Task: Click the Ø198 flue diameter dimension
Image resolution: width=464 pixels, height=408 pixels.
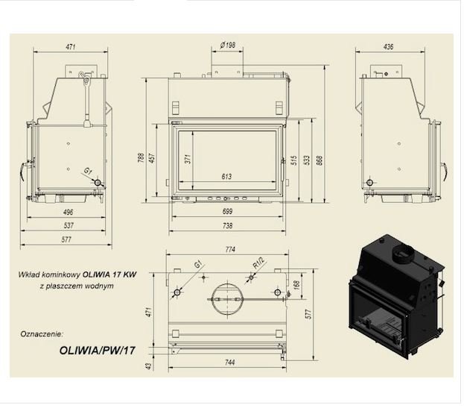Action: click(x=228, y=45)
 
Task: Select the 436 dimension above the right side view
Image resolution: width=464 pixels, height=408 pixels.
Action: click(x=388, y=46)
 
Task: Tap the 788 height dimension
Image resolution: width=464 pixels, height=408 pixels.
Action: click(x=142, y=157)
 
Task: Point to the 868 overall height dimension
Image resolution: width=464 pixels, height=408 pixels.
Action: click(x=320, y=160)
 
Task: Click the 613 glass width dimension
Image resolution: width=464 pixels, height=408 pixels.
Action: click(x=226, y=177)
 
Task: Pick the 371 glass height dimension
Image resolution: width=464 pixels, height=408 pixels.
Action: click(x=188, y=159)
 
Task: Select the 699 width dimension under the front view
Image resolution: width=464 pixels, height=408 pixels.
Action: click(x=227, y=211)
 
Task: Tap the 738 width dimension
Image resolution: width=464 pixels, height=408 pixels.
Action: click(x=227, y=225)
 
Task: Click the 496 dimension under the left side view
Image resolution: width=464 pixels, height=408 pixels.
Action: click(x=68, y=212)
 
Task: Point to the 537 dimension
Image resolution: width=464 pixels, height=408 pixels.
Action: click(x=69, y=225)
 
